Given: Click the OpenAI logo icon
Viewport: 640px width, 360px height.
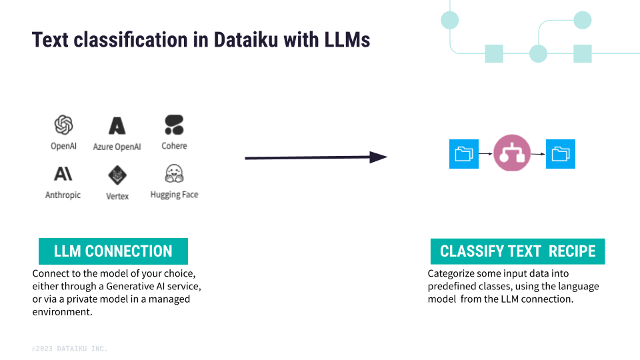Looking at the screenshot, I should tap(63, 125).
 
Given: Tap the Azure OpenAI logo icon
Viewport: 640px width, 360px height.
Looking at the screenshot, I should tap(117, 125).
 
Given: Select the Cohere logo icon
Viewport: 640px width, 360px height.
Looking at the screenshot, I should tap(174, 125).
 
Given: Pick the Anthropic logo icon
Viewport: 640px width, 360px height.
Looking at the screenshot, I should tap(63, 174).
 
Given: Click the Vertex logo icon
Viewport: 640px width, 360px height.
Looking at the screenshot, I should tap(117, 175).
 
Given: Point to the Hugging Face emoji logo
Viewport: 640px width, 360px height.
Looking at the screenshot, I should tap(174, 174).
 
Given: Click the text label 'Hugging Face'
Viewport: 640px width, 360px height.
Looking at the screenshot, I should tap(174, 195).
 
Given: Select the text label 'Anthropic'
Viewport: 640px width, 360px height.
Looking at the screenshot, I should tap(63, 195).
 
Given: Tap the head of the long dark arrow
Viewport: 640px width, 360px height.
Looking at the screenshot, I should tap(378, 157).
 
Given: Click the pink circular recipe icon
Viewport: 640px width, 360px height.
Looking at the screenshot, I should tap(512, 153).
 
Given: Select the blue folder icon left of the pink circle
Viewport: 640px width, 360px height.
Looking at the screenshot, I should tap(464, 154).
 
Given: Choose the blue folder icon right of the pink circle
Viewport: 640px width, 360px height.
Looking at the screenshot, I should tap(561, 154).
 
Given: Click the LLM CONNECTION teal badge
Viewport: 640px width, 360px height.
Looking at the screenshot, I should tap(113, 251).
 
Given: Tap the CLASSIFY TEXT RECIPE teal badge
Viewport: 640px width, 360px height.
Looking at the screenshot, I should tap(517, 251).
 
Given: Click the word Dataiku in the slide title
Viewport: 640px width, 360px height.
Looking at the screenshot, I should tap(247, 40).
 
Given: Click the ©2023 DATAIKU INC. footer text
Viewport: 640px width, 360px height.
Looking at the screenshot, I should tap(69, 349).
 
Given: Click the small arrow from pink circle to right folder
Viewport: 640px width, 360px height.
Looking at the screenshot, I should tap(539, 154).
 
